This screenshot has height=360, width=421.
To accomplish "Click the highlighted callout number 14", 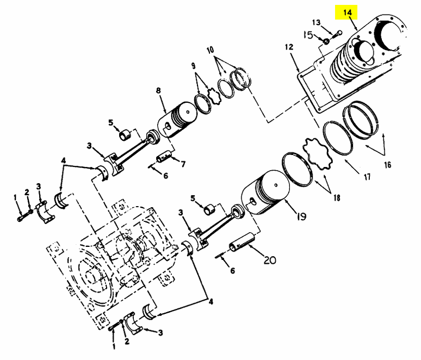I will click(348, 11).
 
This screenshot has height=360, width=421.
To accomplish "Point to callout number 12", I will click(289, 47).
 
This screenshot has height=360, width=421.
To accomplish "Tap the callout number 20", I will click(269, 259).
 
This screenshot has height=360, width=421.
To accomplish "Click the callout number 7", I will click(183, 163).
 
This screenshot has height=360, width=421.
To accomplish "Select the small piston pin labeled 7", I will click(163, 159).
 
